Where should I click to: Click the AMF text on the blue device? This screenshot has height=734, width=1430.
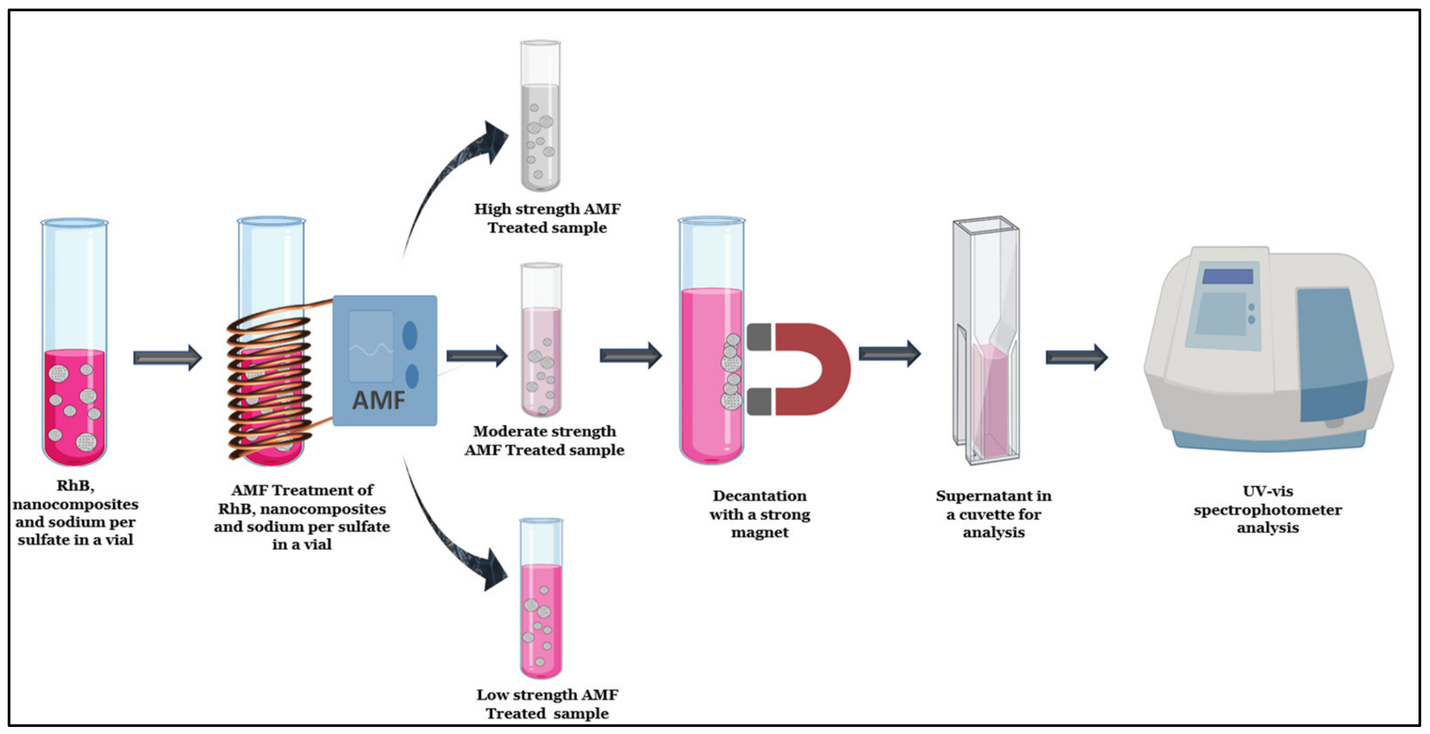[x=379, y=400]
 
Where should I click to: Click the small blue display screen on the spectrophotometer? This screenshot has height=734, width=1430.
[x=1227, y=276]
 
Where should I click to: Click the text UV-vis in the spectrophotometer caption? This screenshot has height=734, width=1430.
[x=1267, y=491]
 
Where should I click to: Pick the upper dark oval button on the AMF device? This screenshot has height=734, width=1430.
[x=410, y=335]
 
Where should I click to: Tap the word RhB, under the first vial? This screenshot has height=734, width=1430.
[x=75, y=486]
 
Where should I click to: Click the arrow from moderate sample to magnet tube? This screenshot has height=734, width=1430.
[x=630, y=356]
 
